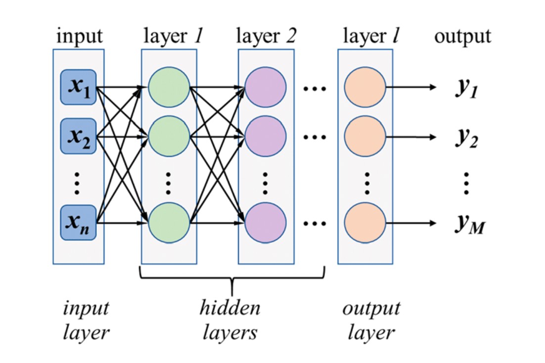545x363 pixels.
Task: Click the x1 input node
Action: pyautogui.click(x=78, y=87)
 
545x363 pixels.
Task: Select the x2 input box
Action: pyautogui.click(x=78, y=136)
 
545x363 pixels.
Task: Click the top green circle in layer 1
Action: pyautogui.click(x=168, y=88)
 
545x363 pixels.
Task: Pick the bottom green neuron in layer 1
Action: pyautogui.click(x=168, y=223)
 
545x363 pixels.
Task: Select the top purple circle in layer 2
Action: pyautogui.click(x=266, y=88)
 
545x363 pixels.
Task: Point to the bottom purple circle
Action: pyautogui.click(x=266, y=223)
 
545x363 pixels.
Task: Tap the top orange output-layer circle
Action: pyautogui.click(x=364, y=88)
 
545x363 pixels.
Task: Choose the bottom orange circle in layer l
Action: pyautogui.click(x=364, y=223)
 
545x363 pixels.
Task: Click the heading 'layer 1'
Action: pyautogui.click(x=172, y=36)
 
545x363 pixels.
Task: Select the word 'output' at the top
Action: pyautogui.click(x=462, y=37)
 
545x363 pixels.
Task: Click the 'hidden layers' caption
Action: pyautogui.click(x=230, y=320)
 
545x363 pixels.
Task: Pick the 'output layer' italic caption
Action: pyautogui.click(x=371, y=320)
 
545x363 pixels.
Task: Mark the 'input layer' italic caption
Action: pyautogui.click(x=86, y=320)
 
